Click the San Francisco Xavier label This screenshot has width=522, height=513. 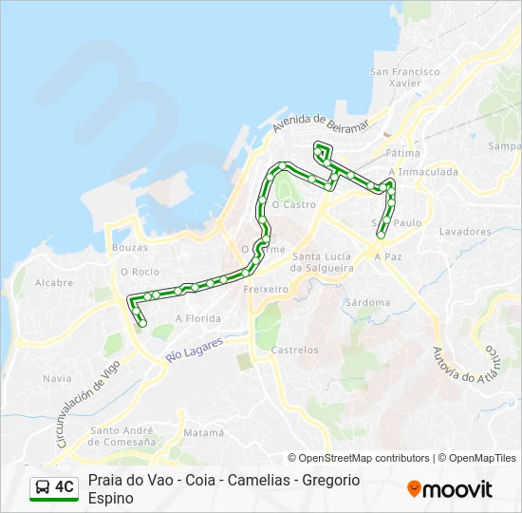point(405,77)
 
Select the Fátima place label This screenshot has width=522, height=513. point(402,153)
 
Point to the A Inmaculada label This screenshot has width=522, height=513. point(423,172)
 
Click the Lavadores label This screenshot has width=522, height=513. point(465,231)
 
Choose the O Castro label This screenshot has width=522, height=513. point(293,204)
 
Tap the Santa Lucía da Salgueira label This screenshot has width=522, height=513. point(323,262)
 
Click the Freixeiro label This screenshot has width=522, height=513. point(266,288)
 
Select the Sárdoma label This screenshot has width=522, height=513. point(367,302)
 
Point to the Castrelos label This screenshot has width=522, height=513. point(294,350)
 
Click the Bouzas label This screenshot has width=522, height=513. point(129,247)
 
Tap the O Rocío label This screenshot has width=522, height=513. point(139,271)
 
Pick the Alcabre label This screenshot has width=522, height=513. point(54,282)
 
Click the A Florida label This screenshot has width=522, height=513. point(198,318)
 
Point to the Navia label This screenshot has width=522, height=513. point(57,378)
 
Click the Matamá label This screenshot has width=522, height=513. point(204,432)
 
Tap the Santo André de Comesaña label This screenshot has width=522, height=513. point(122,436)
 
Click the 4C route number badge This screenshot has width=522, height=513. point(54,487)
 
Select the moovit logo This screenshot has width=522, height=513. point(450,489)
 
